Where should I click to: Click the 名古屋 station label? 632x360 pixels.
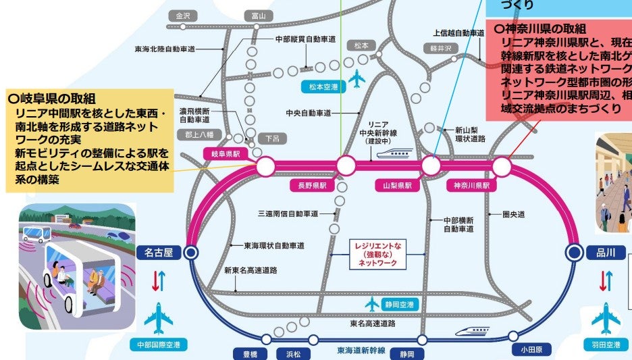159,253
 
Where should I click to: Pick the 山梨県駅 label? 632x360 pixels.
394,184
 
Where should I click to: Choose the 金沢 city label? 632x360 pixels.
183,16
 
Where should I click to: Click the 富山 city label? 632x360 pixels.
259,16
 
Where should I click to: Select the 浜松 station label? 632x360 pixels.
292,353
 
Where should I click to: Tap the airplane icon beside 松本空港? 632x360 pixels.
357,78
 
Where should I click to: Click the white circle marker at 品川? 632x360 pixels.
574,253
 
